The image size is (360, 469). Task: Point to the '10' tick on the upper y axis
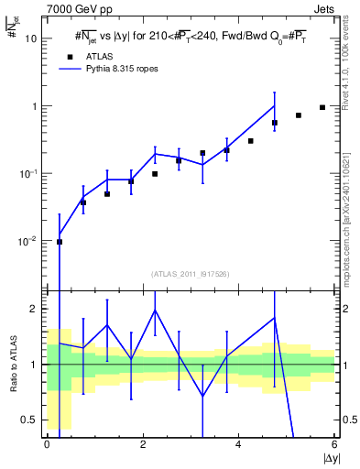[31, 38]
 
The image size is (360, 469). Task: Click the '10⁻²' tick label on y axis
[29, 241]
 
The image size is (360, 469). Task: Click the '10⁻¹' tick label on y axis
[29, 173]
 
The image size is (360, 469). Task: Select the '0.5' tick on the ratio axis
[30, 420]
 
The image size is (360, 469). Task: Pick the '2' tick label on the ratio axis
[35, 309]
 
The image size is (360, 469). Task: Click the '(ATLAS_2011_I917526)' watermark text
[191, 274]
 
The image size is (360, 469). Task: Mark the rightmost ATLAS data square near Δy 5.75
[322, 107]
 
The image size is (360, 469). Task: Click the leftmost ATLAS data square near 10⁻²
[60, 242]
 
